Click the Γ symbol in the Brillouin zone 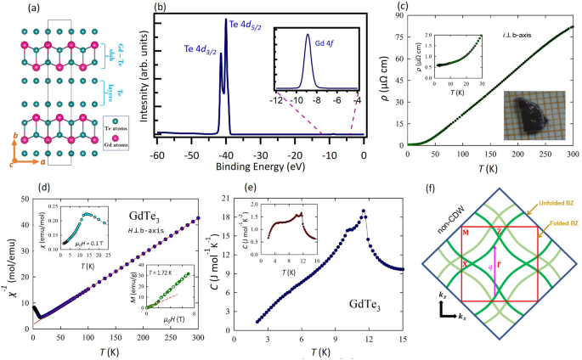[506, 266]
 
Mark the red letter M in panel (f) [465, 230]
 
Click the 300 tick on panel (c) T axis [570, 156]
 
